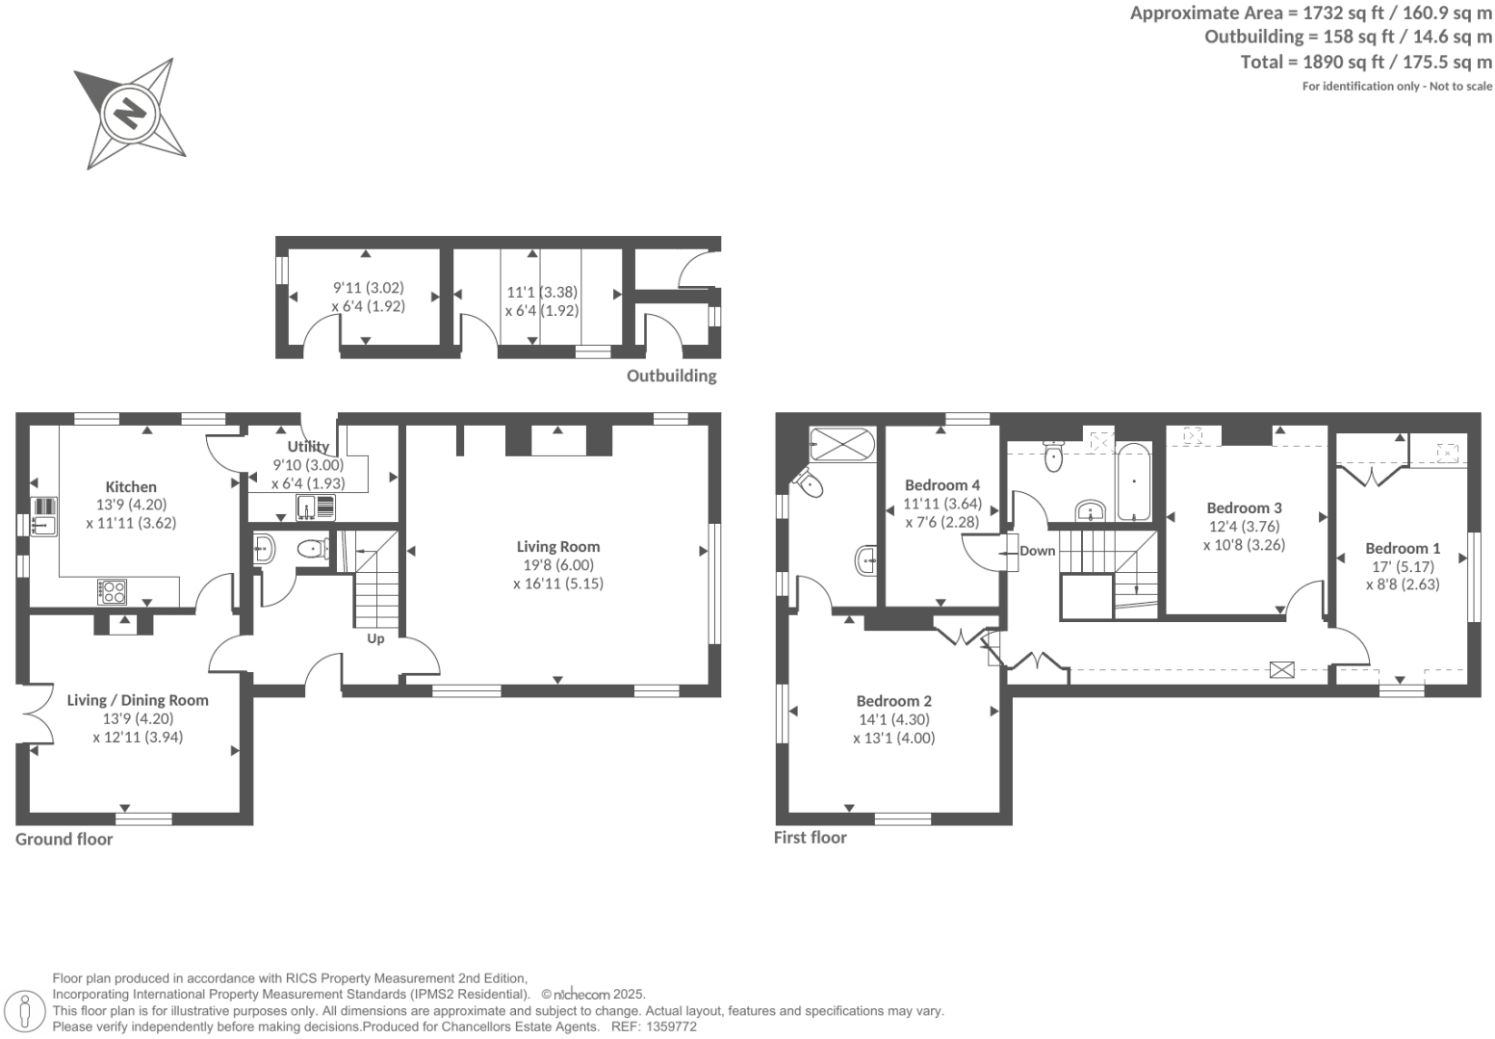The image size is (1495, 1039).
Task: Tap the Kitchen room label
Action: coord(131,487)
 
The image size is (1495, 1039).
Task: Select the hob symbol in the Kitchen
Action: coord(113,591)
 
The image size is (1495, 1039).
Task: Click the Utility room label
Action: coord(308,447)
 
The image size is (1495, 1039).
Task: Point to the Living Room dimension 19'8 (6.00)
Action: coord(558,565)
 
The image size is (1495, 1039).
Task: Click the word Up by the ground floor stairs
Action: coord(375,638)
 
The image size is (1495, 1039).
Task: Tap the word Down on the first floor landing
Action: coord(1037,551)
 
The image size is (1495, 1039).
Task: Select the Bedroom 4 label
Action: coord(942,485)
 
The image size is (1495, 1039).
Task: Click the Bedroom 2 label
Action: coord(893,701)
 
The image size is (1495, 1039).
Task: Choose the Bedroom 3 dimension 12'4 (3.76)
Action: coord(1244,527)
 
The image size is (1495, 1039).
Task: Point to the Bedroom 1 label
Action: coord(1403,548)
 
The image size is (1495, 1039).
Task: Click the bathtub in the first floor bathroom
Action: coord(1134,481)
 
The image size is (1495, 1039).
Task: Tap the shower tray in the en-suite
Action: coord(841,445)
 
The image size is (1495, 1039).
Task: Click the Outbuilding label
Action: coord(671,376)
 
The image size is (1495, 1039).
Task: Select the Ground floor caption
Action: coord(64,839)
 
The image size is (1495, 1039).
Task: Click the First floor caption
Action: coord(810,838)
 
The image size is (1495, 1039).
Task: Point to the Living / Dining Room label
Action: coord(138,700)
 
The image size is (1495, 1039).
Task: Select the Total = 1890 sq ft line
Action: coord(1365,62)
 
